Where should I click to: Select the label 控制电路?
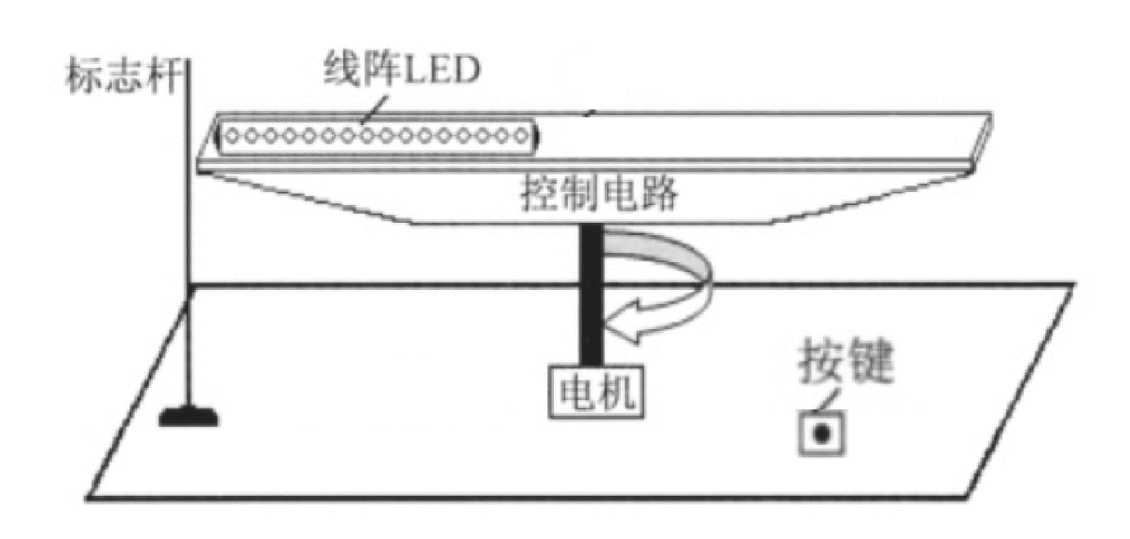[599, 197]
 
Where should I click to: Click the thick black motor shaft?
[591, 294]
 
